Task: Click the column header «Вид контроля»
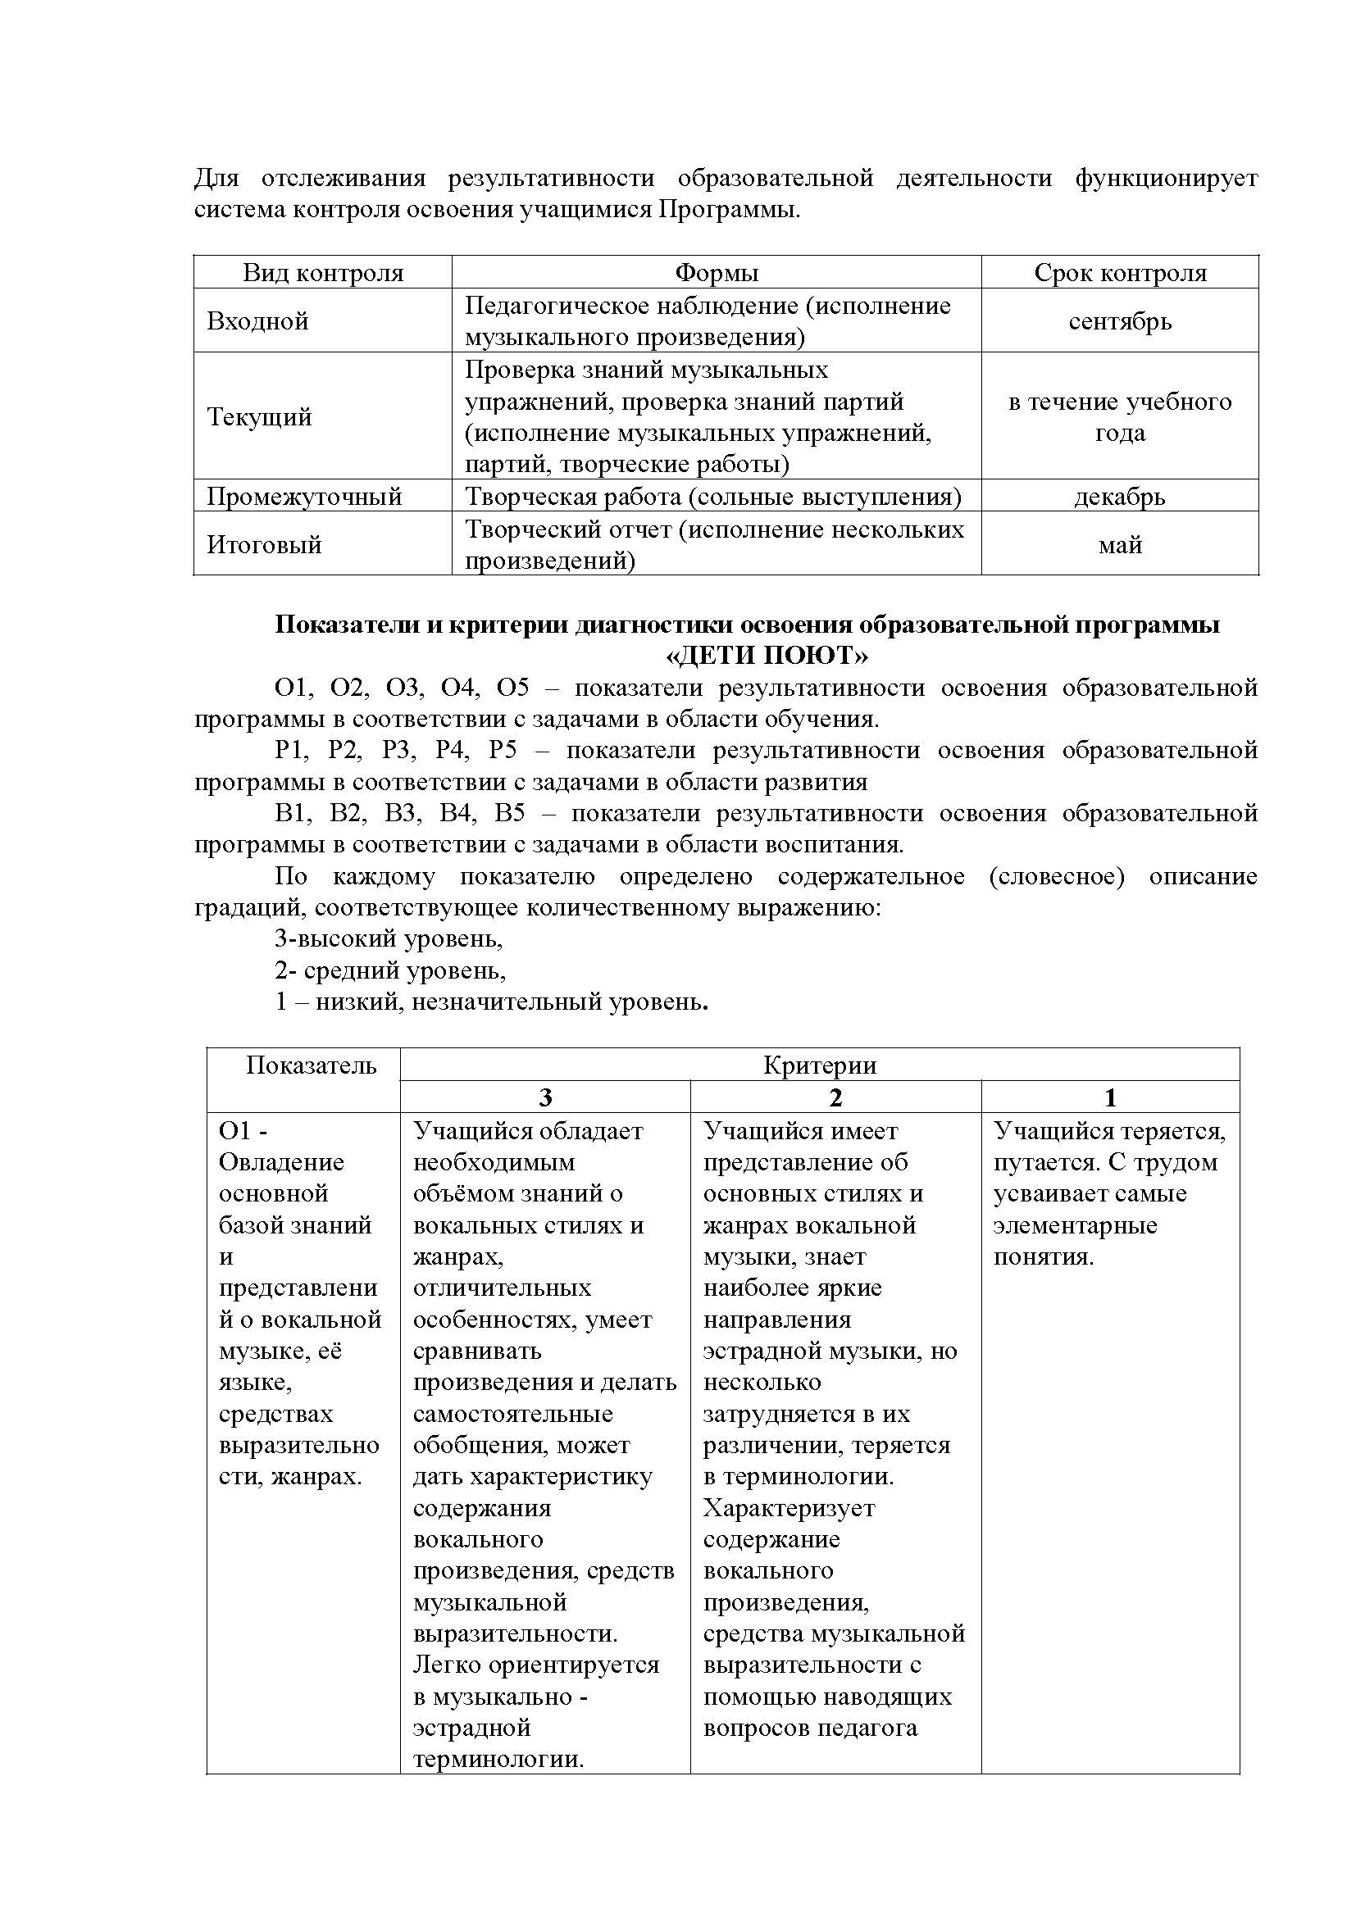click(x=323, y=273)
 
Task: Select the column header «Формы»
click(x=717, y=273)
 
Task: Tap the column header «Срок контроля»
click(x=1120, y=273)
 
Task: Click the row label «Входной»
click(x=258, y=321)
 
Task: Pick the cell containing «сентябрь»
click(x=1120, y=321)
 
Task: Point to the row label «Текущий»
click(x=260, y=416)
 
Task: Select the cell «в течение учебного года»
click(x=1120, y=416)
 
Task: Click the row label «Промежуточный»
click(x=305, y=497)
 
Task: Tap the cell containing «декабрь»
click(x=1120, y=497)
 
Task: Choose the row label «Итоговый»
click(x=265, y=545)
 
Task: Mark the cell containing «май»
click(x=1120, y=546)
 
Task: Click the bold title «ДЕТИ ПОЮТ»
click(x=767, y=656)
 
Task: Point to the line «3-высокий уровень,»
click(x=389, y=939)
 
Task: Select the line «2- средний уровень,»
click(x=391, y=971)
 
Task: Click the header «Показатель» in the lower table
click(x=312, y=1065)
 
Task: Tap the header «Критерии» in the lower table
click(x=819, y=1065)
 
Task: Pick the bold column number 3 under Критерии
click(x=545, y=1098)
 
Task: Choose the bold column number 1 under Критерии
click(x=1110, y=1098)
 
